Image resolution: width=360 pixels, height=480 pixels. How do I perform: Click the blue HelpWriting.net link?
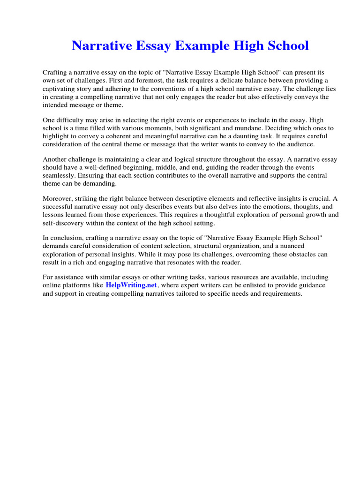tap(131, 285)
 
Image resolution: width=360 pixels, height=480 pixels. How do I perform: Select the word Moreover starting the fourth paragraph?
tap(57, 199)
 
